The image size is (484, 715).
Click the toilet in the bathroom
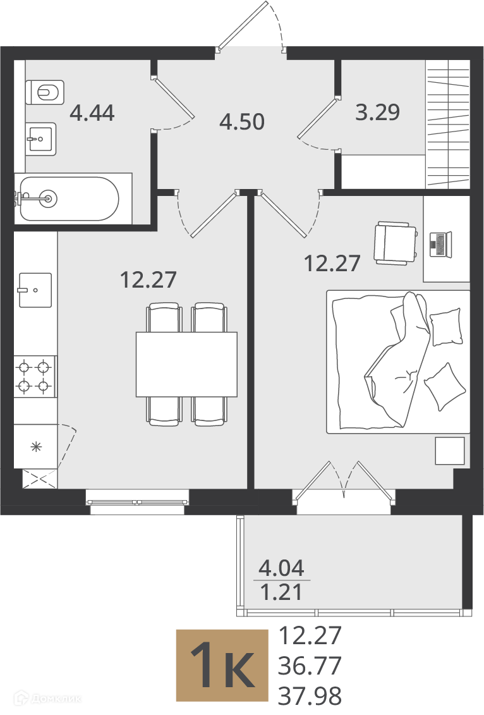pyautogui.click(x=45, y=92)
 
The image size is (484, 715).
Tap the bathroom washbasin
pyautogui.click(x=41, y=138)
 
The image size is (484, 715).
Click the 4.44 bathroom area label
pyautogui.click(x=92, y=113)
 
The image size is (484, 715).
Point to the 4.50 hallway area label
pyautogui.click(x=242, y=122)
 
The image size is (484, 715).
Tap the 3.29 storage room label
pyautogui.click(x=378, y=112)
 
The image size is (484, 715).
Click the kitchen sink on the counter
pyautogui.click(x=35, y=290)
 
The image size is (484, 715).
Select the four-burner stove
pyautogui.click(x=35, y=377)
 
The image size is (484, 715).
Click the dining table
pyautogui.click(x=186, y=364)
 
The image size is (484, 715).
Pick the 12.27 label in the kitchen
pyautogui.click(x=148, y=279)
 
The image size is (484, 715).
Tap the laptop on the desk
pyautogui.click(x=440, y=244)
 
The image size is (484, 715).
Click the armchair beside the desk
pyautogui.click(x=396, y=243)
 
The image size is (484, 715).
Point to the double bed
pyautogui.click(x=398, y=362)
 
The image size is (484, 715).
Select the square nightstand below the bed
pyautogui.click(x=450, y=451)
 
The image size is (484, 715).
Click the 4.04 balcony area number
pyautogui.click(x=281, y=568)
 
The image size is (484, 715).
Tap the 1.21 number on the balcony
pyautogui.click(x=281, y=592)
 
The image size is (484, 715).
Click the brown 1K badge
pyautogui.click(x=222, y=666)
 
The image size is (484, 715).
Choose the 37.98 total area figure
pyautogui.click(x=310, y=696)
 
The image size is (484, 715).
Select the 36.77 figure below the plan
pyautogui.click(x=310, y=666)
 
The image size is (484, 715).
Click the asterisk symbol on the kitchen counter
pyautogui.click(x=36, y=446)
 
